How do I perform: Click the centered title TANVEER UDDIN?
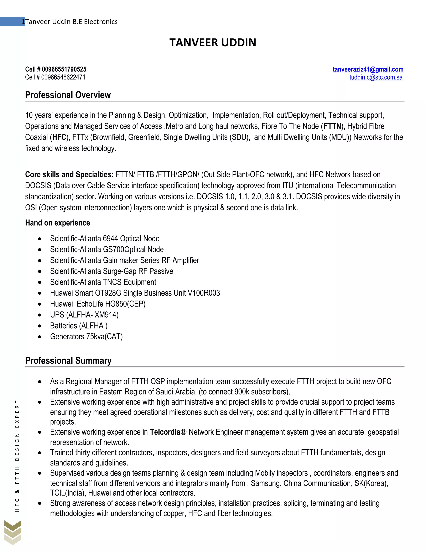click(213, 42)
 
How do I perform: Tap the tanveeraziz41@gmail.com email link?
click(368, 69)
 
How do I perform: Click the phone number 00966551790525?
click(64, 69)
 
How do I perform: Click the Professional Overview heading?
click(68, 95)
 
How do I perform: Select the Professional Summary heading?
click(68, 361)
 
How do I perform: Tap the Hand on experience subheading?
click(58, 223)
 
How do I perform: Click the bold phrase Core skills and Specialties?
click(69, 174)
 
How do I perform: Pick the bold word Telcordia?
click(165, 432)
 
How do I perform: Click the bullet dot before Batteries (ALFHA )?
click(40, 326)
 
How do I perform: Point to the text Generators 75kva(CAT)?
click(86, 337)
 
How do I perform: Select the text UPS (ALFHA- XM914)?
click(84, 315)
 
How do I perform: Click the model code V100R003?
click(204, 293)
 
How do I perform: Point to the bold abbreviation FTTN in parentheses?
click(332, 126)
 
